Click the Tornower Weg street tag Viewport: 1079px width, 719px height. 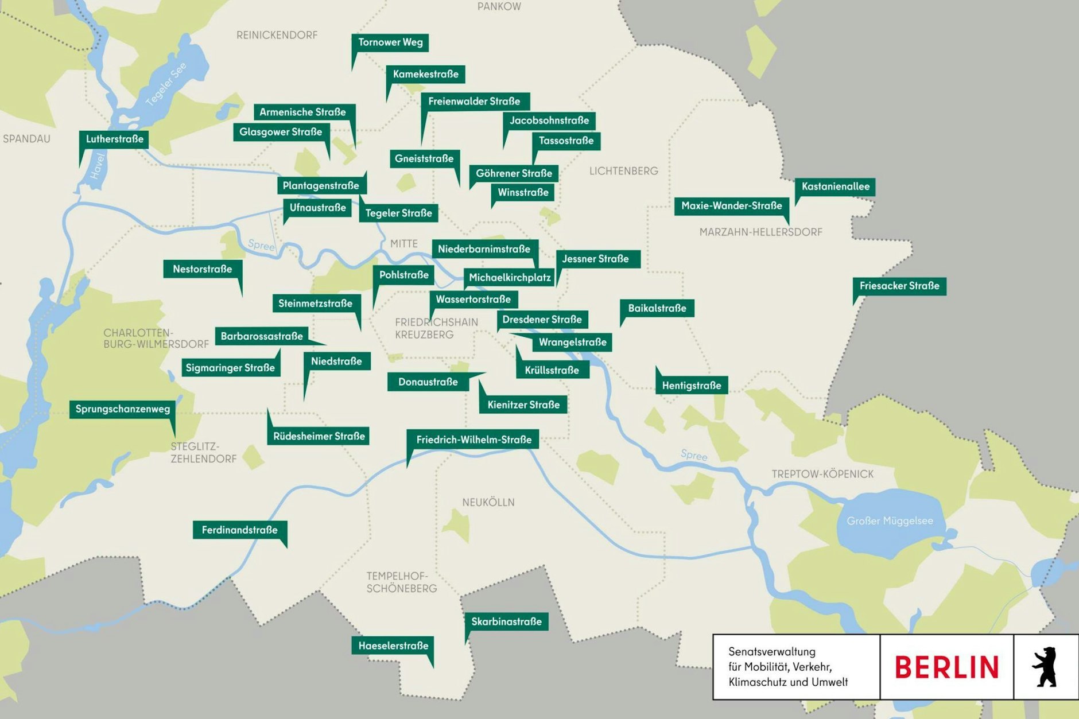click(390, 42)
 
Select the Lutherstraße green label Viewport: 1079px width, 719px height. click(114, 139)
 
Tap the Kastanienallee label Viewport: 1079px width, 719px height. click(835, 186)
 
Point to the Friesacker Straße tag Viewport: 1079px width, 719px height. click(899, 286)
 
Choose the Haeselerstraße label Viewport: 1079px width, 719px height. click(393, 646)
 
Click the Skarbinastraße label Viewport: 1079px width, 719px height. click(506, 621)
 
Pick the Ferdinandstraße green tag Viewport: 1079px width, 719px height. click(239, 530)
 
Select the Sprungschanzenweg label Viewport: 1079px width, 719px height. click(123, 409)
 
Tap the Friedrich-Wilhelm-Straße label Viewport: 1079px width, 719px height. click(473, 440)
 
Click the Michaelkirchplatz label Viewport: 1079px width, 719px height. click(509, 278)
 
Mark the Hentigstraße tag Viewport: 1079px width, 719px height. click(692, 386)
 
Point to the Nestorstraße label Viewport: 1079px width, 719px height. click(202, 269)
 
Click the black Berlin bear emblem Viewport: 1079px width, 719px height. click(1045, 667)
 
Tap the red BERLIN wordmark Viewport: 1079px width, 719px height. click(946, 667)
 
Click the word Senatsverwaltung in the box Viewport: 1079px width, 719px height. click(771, 652)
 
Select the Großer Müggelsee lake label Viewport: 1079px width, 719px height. click(890, 521)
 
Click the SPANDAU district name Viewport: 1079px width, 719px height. click(26, 139)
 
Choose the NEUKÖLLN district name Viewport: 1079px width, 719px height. click(488, 503)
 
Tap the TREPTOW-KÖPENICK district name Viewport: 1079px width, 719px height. click(822, 474)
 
